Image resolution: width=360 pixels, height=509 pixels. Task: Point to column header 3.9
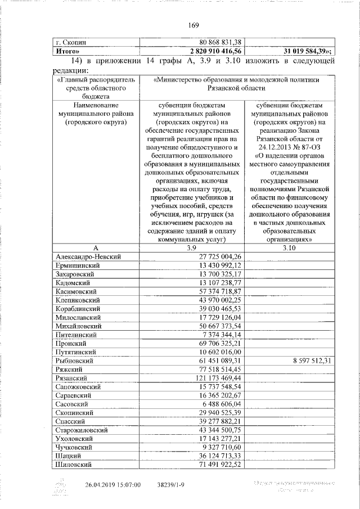[191, 247]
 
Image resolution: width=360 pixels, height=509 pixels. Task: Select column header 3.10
[289, 247]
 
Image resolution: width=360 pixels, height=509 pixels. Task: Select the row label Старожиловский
[82, 429]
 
